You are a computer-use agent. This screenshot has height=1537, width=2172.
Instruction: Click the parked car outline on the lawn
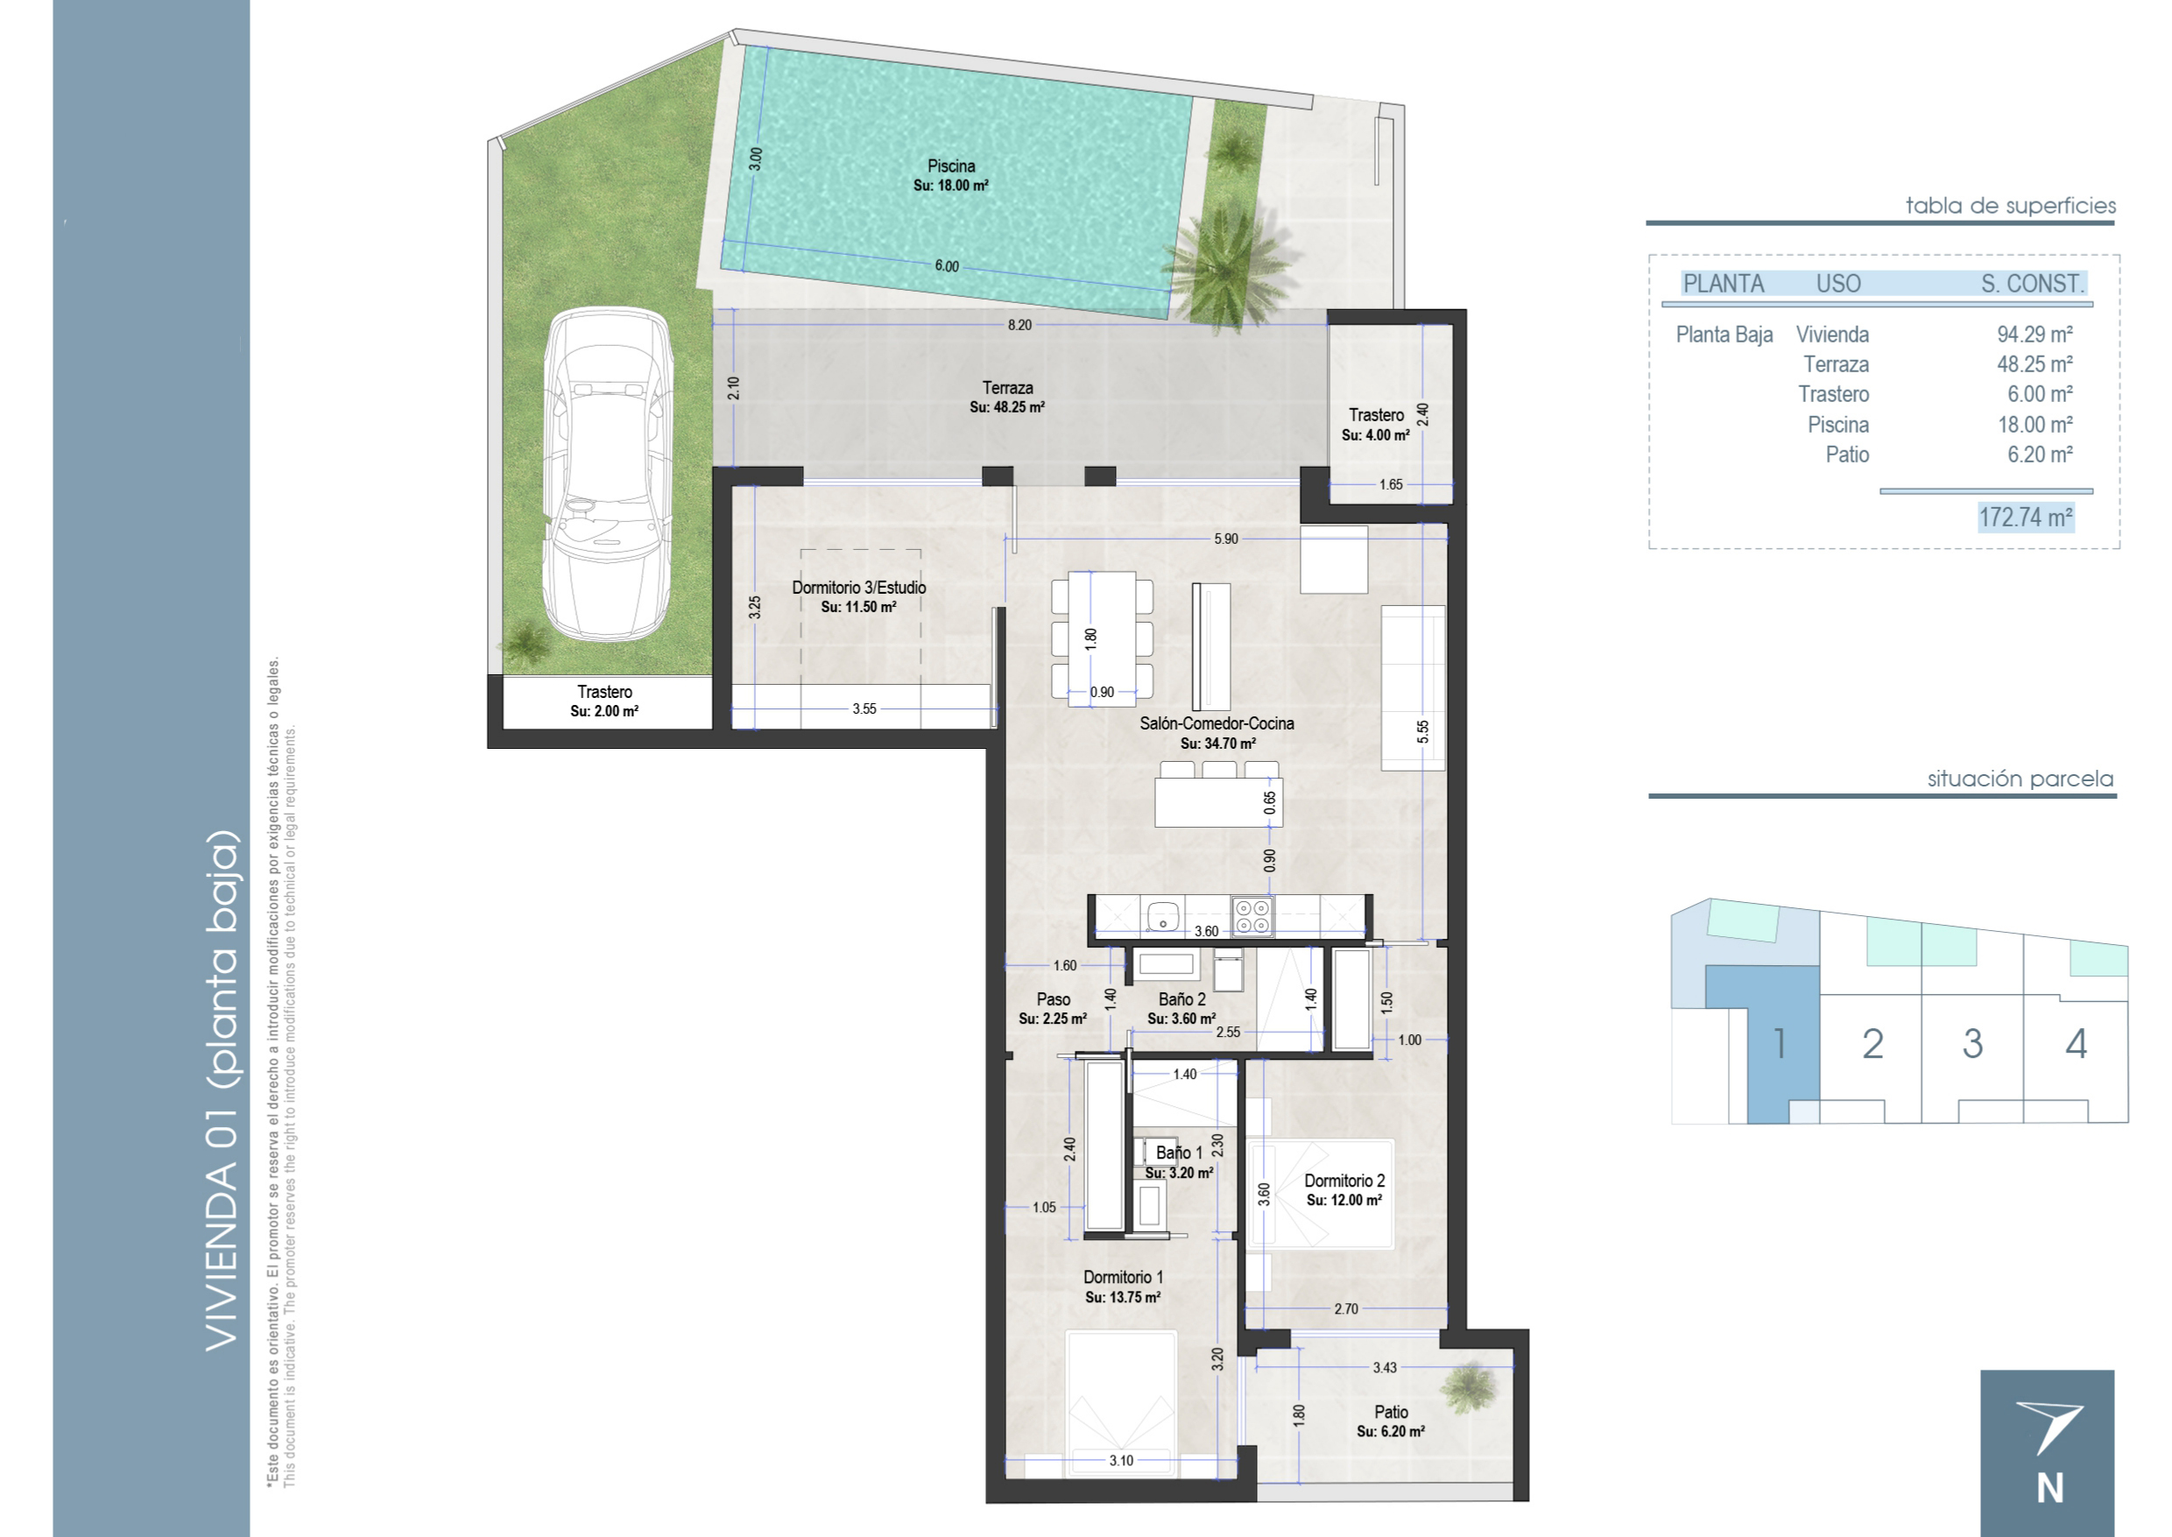[x=608, y=473]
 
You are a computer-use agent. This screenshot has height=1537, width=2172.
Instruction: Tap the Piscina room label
[x=951, y=166]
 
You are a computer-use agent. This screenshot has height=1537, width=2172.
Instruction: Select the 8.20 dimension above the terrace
[x=1019, y=326]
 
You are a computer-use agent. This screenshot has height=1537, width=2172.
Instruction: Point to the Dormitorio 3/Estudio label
[x=858, y=588]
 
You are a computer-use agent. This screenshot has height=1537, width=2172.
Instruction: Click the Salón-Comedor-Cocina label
[x=1216, y=724]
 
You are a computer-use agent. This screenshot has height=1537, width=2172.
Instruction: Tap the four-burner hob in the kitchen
[x=1253, y=916]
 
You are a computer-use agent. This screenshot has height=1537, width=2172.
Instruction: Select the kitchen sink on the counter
[x=1162, y=916]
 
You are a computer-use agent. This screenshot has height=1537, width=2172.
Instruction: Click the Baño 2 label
[x=1182, y=999]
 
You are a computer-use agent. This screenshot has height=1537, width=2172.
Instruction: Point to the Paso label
[x=1054, y=999]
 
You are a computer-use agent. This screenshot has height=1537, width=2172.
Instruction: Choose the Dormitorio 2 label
[x=1343, y=1181]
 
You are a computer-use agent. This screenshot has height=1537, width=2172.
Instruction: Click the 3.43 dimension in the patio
[x=1385, y=1368]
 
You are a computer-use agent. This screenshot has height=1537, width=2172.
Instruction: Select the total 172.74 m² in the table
[x=2027, y=518]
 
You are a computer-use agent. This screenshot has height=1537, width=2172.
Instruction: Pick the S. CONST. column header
[x=2033, y=284]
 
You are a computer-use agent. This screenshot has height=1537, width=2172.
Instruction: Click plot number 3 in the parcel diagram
[x=1972, y=1044]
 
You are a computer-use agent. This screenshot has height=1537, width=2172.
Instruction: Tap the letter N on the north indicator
[x=2051, y=1490]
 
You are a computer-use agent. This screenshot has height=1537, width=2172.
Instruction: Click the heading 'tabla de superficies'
[x=2011, y=207]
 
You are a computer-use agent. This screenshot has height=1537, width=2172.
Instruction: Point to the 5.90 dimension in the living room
[x=1225, y=539]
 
